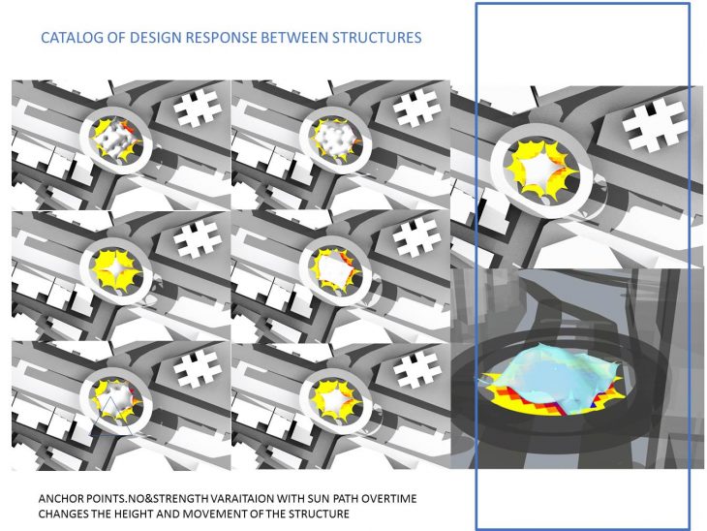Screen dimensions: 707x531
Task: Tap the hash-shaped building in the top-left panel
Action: point(198,108)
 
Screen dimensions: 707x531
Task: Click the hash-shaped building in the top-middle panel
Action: point(417,108)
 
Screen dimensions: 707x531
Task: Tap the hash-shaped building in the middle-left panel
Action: point(198,238)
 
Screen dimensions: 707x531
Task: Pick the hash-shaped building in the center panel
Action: point(417,238)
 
